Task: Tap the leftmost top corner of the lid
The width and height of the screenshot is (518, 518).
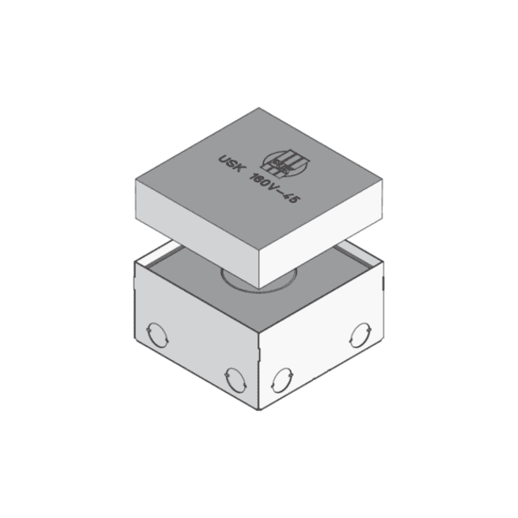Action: click(137, 177)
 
